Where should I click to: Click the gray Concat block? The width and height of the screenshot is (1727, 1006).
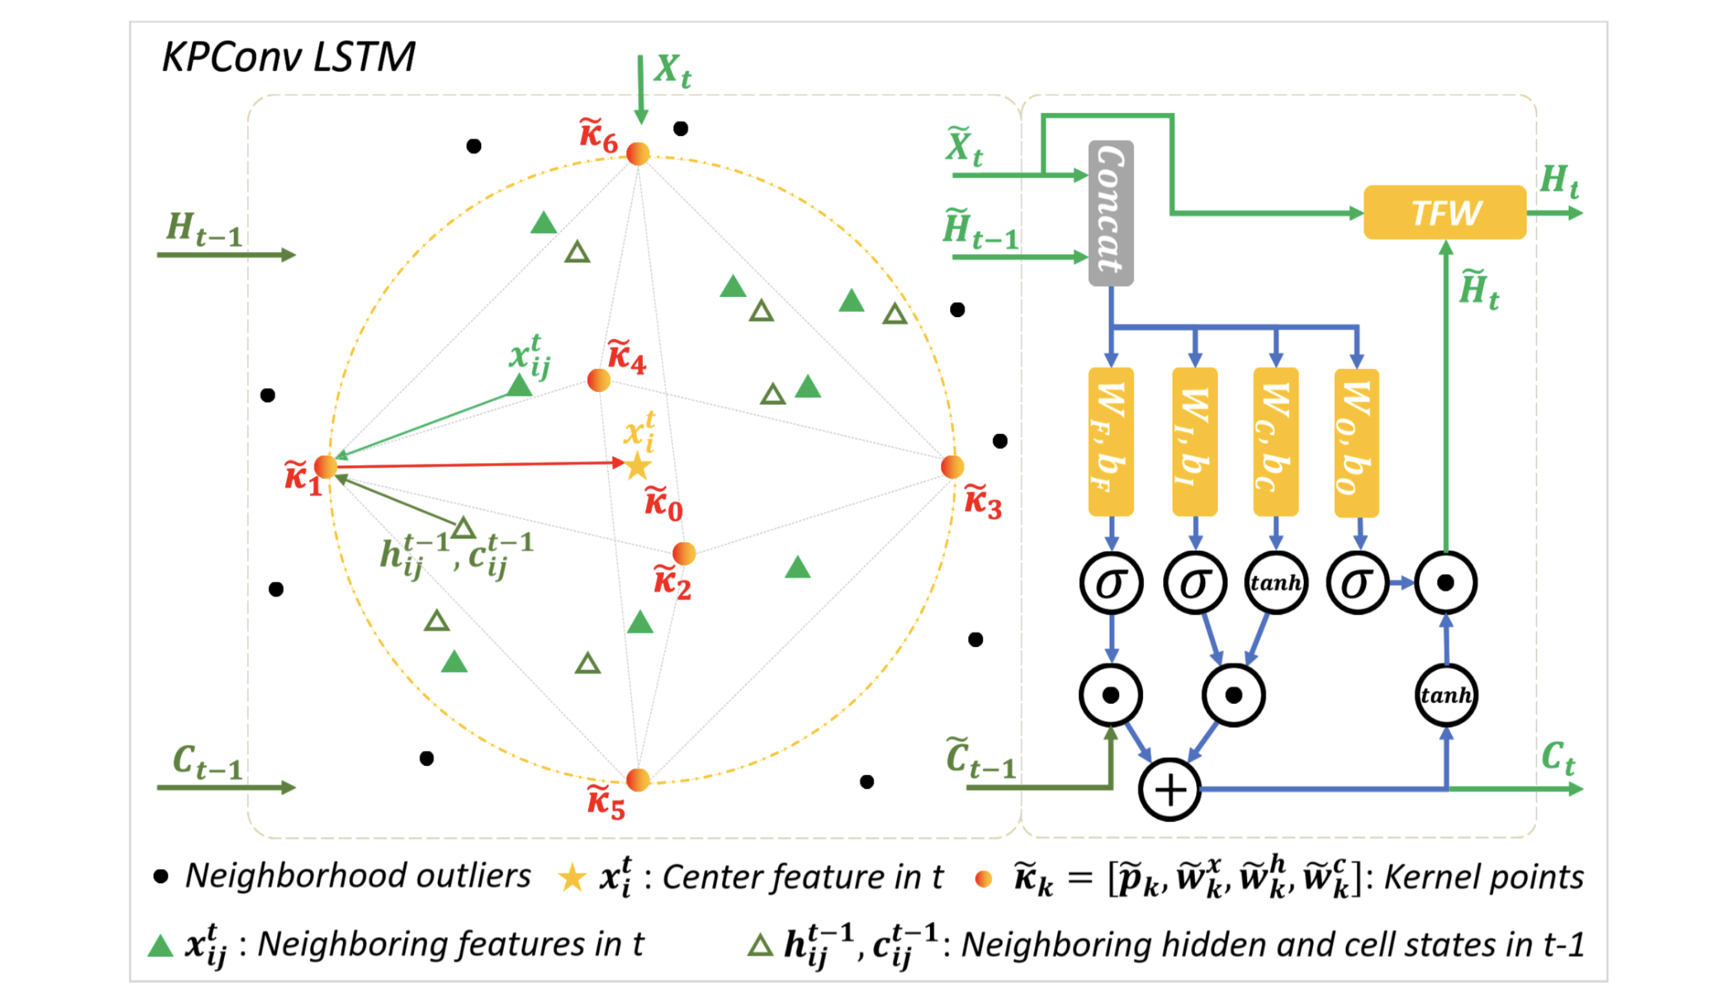tap(1111, 213)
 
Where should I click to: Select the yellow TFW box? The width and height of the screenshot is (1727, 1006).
tap(1445, 212)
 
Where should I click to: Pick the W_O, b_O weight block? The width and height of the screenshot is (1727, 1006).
tap(1356, 442)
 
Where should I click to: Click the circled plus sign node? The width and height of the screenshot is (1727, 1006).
tap(1170, 790)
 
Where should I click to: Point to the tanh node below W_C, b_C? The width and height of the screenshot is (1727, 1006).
tap(1276, 582)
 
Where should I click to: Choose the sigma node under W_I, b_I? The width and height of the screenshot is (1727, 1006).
tap(1195, 582)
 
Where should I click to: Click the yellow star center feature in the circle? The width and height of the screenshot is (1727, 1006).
tap(637, 467)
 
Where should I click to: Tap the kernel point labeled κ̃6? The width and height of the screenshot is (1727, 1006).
tap(638, 154)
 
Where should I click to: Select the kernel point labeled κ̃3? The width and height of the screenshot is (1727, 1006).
tap(952, 467)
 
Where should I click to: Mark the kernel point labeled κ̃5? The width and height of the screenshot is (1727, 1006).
tap(638, 780)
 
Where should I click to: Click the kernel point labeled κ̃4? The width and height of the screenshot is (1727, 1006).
tap(599, 380)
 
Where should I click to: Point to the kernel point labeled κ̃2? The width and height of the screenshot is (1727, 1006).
tap(684, 553)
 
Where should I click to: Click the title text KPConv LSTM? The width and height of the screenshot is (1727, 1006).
tap(289, 57)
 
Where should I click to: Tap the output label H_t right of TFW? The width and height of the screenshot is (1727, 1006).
tap(1558, 182)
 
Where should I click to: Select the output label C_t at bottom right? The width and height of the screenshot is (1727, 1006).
tap(1558, 757)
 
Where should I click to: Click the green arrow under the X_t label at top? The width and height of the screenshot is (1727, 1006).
tap(641, 89)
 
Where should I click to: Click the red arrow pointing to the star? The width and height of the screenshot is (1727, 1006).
tap(480, 465)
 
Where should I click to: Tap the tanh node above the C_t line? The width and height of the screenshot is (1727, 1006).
tap(1446, 695)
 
